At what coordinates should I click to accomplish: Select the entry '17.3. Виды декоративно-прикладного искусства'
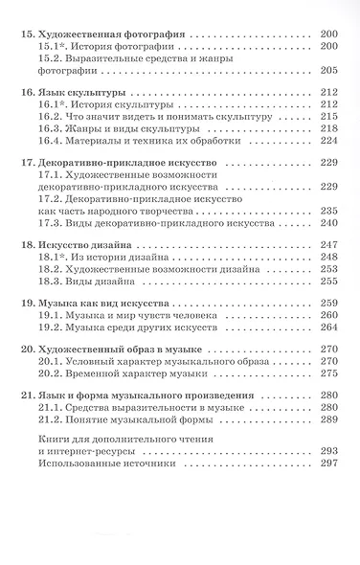click(144, 223)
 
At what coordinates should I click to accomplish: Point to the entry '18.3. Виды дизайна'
click(86, 282)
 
